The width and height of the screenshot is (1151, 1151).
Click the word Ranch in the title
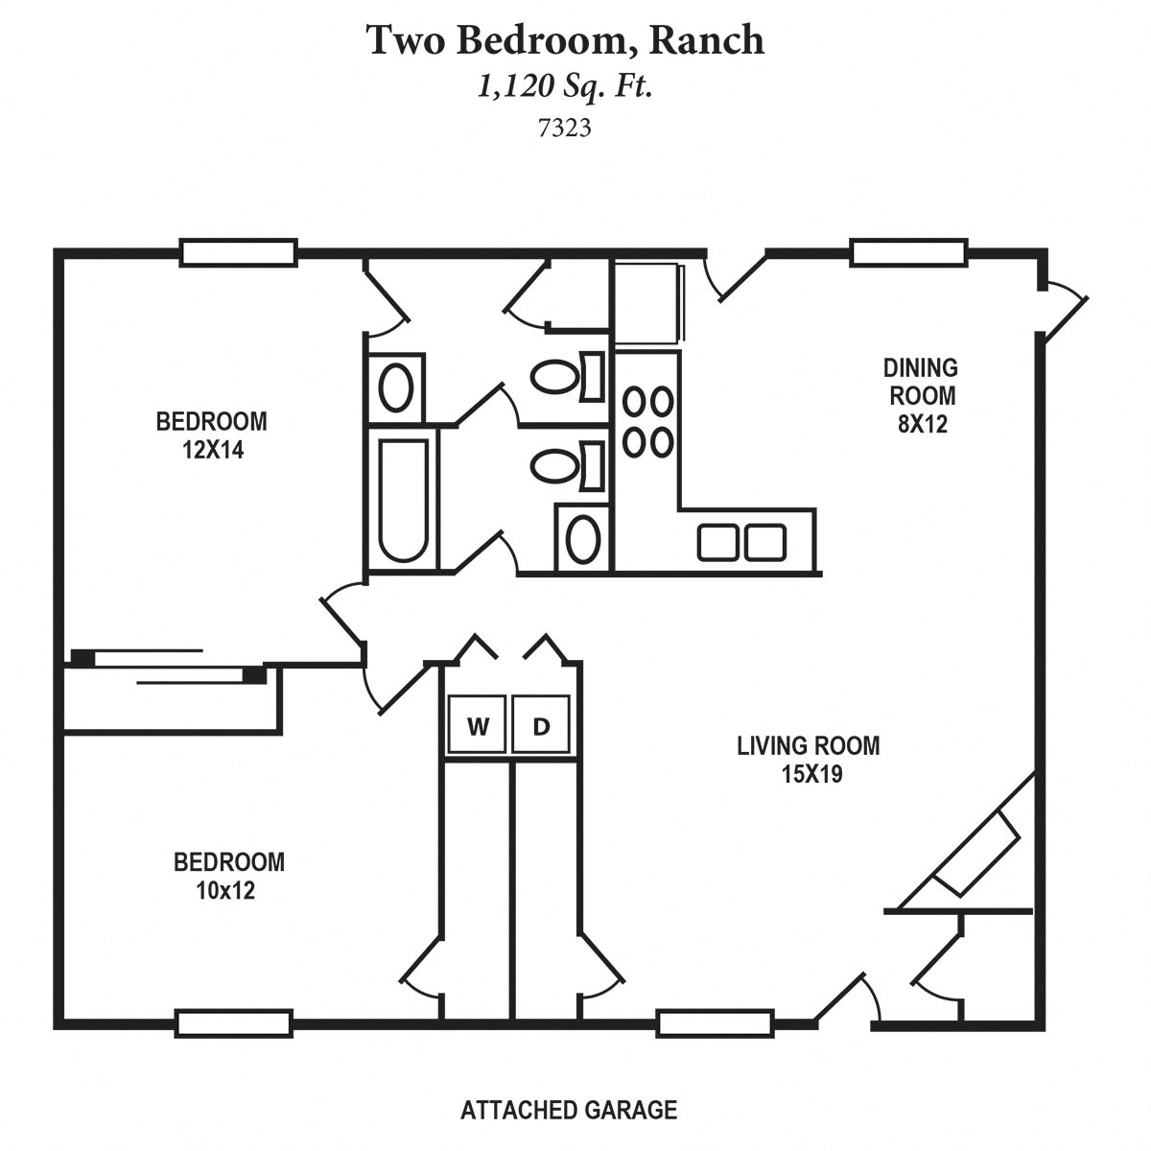point(708,40)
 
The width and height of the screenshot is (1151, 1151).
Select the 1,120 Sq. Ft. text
point(565,87)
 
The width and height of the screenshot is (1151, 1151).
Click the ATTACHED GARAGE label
point(568,1111)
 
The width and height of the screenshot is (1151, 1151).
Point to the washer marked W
point(477,727)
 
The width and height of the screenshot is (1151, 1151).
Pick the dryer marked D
point(542,727)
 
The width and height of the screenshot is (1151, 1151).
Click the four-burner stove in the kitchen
point(647,421)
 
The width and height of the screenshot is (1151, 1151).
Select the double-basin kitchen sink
point(741,542)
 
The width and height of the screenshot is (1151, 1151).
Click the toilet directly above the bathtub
point(396,388)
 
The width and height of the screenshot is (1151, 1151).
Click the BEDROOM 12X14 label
point(212,435)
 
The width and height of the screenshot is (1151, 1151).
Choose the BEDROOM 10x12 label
point(228,876)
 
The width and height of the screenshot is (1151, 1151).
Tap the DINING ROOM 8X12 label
point(921,395)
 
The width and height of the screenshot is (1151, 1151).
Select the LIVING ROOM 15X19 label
point(808,760)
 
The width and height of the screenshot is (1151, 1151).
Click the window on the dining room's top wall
point(907,252)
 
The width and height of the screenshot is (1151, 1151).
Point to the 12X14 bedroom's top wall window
point(238,252)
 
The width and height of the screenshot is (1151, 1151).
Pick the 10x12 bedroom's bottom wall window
point(234,1023)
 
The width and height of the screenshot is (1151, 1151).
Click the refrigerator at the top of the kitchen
point(648,302)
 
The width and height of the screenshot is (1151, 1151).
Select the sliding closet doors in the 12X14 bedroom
point(168,667)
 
